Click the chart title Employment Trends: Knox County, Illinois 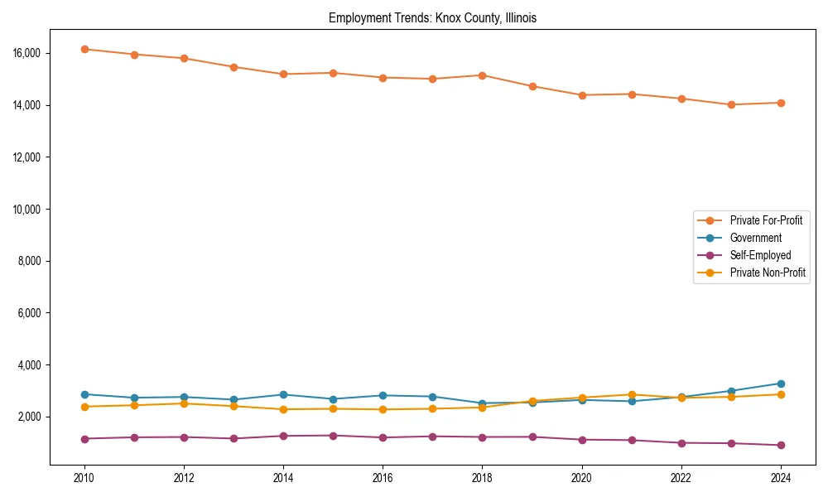point(432,18)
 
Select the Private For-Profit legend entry point(765,220)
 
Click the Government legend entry point(755,238)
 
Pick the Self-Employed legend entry point(760,255)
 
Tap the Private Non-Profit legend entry point(768,273)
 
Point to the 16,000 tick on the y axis point(27,53)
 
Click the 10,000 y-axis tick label point(27,209)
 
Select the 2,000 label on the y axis point(30,417)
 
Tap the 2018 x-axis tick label point(482,478)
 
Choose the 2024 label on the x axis point(781,478)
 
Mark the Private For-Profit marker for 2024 point(781,103)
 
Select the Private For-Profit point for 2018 point(482,75)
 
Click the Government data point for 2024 point(781,384)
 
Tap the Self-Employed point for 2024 point(781,445)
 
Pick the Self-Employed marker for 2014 point(283,436)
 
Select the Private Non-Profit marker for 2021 point(632,395)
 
